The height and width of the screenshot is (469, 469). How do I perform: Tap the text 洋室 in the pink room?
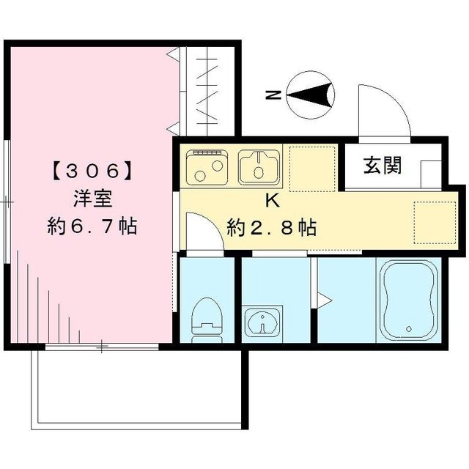(x=92, y=199)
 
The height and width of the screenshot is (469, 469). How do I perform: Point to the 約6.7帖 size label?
(x=92, y=226)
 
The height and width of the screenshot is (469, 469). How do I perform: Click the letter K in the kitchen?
(x=271, y=199)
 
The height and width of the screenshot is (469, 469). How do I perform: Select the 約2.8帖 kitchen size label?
(x=272, y=228)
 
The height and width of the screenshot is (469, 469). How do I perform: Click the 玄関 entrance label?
(x=383, y=166)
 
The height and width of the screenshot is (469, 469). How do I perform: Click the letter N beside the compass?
(x=273, y=95)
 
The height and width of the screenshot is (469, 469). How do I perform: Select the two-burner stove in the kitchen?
(x=208, y=167)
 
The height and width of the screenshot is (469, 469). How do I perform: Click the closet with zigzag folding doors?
(x=208, y=92)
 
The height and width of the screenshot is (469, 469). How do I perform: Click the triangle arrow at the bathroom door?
(x=322, y=298)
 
